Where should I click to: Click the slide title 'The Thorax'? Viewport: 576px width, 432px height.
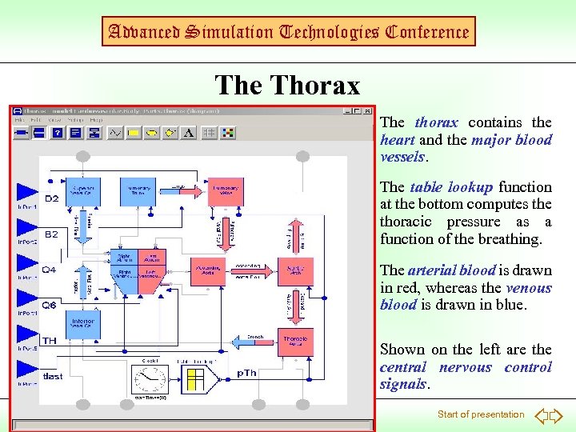click(287, 85)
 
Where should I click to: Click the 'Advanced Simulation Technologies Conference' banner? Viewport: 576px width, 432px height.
click(287, 32)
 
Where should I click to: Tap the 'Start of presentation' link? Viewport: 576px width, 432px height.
click(480, 414)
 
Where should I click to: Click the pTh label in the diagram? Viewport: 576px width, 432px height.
click(247, 374)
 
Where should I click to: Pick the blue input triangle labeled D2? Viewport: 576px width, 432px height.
click(27, 191)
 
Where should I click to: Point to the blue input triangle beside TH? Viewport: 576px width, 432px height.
click(27, 334)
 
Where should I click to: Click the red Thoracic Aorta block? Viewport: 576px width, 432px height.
click(295, 342)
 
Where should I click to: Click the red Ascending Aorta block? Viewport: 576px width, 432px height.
click(210, 271)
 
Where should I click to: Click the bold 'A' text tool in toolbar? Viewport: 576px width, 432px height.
click(189, 133)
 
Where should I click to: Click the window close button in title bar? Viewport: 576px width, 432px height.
click(367, 112)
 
